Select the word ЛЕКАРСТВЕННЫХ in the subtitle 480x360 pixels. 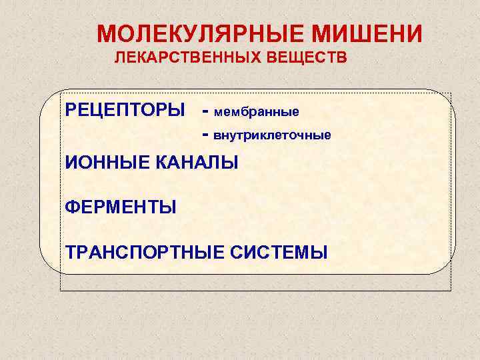(x=191, y=59)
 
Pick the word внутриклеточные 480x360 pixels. (x=271, y=135)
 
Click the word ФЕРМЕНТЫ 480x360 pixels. (x=121, y=207)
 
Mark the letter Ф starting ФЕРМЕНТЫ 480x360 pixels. (x=72, y=207)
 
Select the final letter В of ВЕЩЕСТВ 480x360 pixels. (x=342, y=59)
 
